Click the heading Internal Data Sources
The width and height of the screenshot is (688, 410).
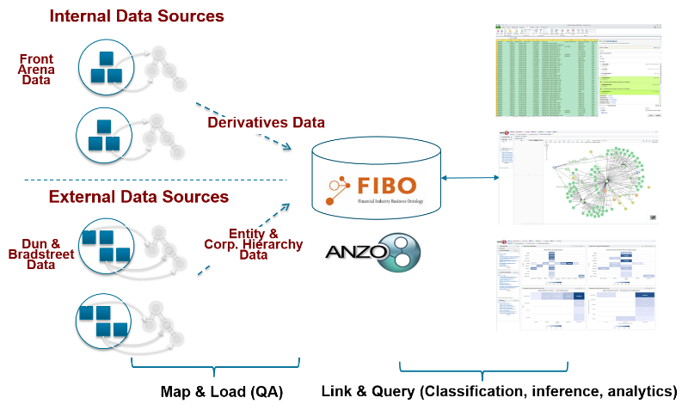coord(137,16)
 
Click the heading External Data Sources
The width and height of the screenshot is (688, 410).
coord(138,197)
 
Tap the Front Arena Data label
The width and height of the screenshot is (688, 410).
coord(36,70)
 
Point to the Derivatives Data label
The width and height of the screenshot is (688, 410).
coord(266,123)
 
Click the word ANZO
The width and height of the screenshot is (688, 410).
coord(353,253)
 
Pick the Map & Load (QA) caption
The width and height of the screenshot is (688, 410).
coord(222,392)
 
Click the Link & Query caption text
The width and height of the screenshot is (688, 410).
coord(499,392)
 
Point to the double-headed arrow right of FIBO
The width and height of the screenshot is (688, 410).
coord(469,178)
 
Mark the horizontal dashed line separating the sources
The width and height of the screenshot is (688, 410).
coord(155,180)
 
